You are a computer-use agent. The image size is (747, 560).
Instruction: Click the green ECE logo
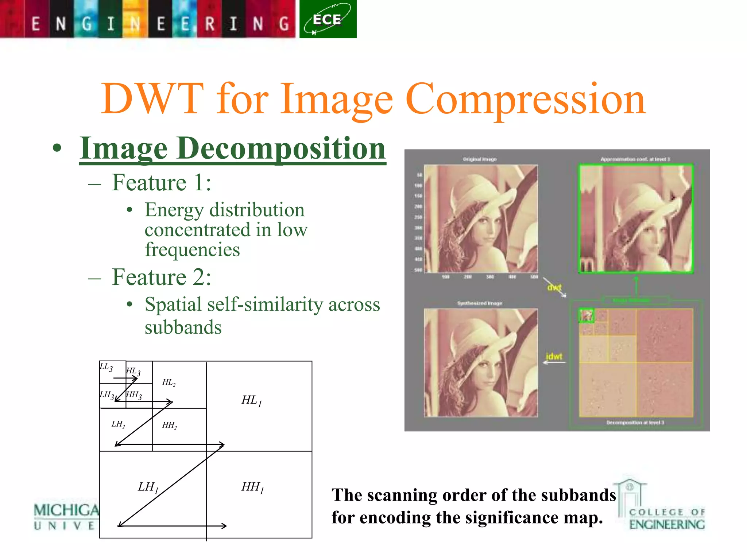pos(328,19)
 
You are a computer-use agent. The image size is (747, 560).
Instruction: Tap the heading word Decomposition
pos(281,149)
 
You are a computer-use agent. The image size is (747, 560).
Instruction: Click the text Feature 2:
pos(161,277)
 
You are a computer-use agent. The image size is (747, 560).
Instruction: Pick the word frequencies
pos(192,250)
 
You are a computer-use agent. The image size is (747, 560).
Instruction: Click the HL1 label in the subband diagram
pos(252,400)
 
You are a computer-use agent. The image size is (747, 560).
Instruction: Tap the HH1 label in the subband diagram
pos(252,487)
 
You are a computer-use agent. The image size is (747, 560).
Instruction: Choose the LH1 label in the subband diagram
pos(148,487)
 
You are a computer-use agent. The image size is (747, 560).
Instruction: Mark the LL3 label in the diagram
pos(106,367)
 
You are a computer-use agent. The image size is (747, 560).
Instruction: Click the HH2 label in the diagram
pos(170,425)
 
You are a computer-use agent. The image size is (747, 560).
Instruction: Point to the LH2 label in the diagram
pos(118,424)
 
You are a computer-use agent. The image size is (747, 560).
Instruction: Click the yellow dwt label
pos(554,287)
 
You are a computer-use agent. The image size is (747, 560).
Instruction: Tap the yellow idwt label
pos(554,356)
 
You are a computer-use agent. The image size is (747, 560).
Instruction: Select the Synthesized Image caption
pos(480,303)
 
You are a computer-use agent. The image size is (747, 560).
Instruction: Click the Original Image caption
pos(480,159)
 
